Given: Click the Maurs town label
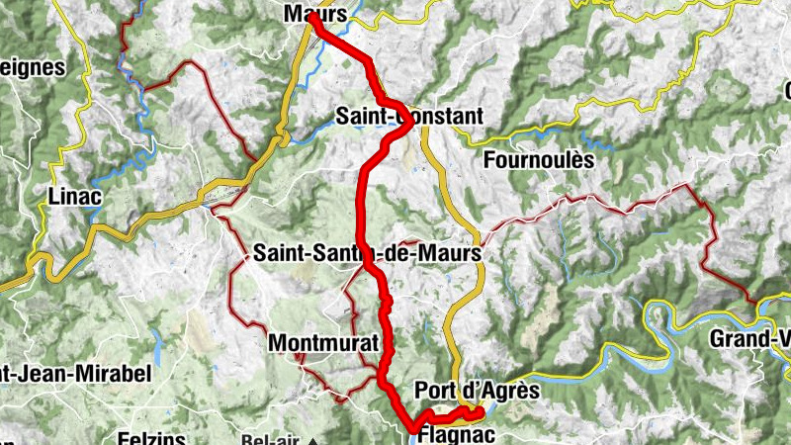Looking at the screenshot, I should [314, 14].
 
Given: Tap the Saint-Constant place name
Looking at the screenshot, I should [409, 117].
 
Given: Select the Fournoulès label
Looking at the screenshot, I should [540, 159].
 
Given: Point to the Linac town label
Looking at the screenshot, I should [74, 198].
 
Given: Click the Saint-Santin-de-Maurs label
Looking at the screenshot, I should [367, 254].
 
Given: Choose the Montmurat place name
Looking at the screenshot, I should [323, 342].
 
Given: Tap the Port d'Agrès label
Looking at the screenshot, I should [478, 391].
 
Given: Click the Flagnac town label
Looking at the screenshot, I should [452, 434].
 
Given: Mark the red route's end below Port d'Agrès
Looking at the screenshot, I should [478, 412].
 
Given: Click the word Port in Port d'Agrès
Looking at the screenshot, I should [436, 391].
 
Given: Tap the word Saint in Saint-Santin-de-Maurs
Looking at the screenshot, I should [280, 254].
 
